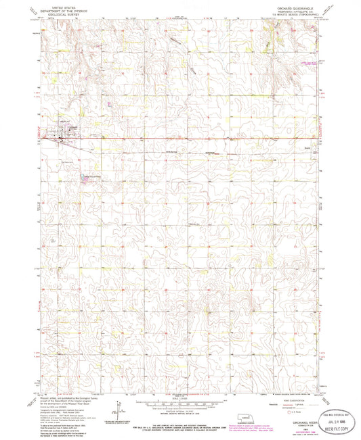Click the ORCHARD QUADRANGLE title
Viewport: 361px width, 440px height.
pyautogui.click(x=290, y=5)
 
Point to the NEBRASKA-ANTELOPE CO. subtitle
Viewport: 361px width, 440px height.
pyautogui.click(x=290, y=9)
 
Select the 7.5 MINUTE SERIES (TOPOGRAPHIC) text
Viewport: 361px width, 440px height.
pyautogui.click(x=290, y=12)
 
